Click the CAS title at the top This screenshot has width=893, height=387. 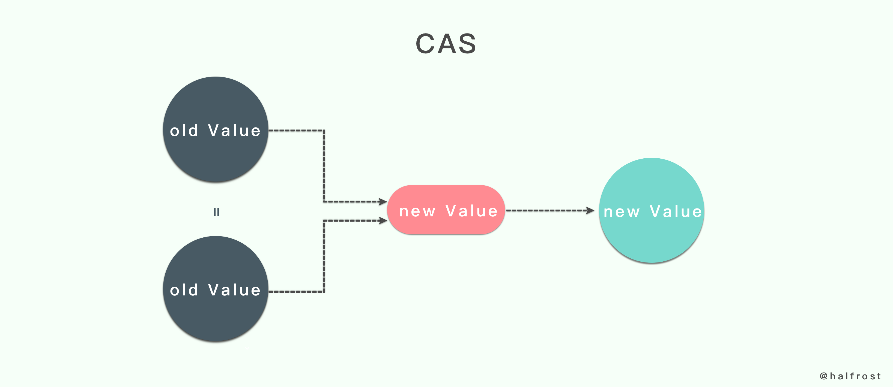(446, 44)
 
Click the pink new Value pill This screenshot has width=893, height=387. (446, 210)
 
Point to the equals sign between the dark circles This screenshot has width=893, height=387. (216, 211)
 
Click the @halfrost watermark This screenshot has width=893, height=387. (850, 376)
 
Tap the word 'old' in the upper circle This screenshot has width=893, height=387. (184, 131)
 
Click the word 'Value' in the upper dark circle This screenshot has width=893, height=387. (234, 131)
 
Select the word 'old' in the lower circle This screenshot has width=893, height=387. (184, 290)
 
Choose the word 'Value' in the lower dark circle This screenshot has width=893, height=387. (234, 290)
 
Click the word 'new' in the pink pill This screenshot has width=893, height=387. (417, 211)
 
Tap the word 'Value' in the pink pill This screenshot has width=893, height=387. (471, 211)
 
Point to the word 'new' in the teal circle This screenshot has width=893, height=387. (622, 212)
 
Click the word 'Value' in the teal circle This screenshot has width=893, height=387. (676, 211)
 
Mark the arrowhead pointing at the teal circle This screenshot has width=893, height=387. (590, 210)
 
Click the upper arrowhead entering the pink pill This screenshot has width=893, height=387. (383, 201)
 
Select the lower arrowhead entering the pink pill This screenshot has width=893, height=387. (383, 220)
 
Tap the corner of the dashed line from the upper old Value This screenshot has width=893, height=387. (324, 131)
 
